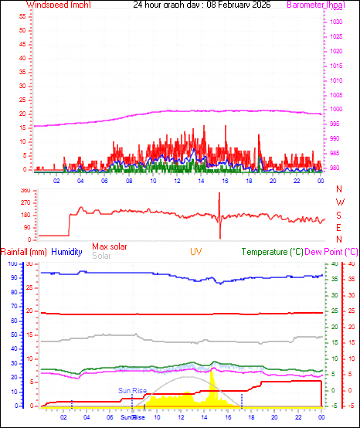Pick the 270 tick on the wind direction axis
coord(25,202)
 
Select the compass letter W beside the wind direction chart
coord(340,202)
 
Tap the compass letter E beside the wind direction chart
coord(340,227)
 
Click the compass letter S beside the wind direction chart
coord(340,214)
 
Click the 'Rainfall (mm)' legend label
coord(24,252)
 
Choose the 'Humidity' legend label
coord(67,252)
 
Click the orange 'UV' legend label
coord(197,252)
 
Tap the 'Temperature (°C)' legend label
coord(272,252)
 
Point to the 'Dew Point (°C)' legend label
coord(331,252)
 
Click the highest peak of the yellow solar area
coord(212,372)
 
